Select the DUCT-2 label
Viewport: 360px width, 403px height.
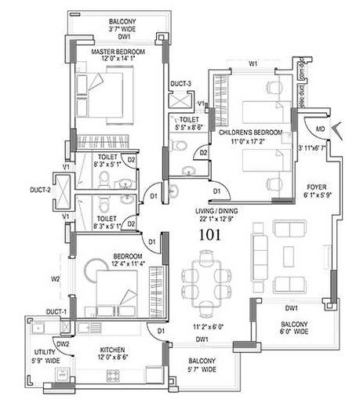tap(42, 189)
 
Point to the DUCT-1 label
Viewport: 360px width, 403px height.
tap(55, 312)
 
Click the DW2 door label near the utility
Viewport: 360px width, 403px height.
tap(63, 343)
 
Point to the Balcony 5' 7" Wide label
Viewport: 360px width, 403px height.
tap(201, 365)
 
